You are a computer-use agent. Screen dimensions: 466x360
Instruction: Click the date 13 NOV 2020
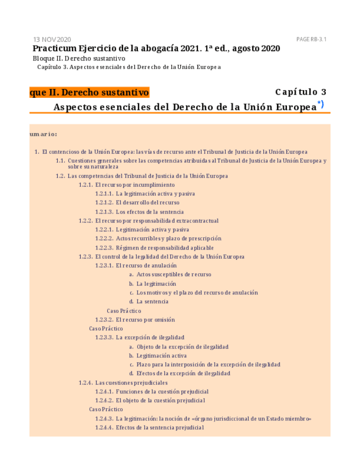click(52, 40)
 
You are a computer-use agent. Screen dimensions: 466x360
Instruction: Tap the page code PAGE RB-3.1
click(312, 40)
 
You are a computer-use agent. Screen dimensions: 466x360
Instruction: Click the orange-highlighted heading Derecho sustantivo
click(90, 92)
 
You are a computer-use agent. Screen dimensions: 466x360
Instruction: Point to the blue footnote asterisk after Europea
click(320, 104)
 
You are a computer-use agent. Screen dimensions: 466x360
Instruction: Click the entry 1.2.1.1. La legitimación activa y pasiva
click(145, 194)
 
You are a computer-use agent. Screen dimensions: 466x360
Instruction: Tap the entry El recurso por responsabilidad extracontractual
click(157, 221)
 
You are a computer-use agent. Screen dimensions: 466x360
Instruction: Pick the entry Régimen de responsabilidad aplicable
click(164, 248)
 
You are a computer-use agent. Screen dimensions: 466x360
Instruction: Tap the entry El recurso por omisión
click(145, 320)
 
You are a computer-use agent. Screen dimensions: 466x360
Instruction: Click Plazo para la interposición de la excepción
click(208, 364)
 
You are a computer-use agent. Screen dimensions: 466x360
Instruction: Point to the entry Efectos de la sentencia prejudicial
click(159, 428)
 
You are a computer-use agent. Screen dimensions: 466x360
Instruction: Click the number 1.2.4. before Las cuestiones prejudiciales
click(85, 382)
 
